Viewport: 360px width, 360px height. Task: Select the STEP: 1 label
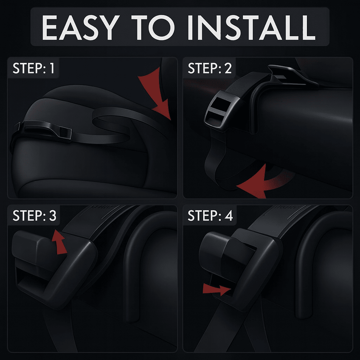pos(33,69)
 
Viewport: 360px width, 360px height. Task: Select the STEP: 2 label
pos(210,69)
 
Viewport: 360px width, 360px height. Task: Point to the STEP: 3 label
pos(34,216)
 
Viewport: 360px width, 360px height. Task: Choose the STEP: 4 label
pos(210,216)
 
